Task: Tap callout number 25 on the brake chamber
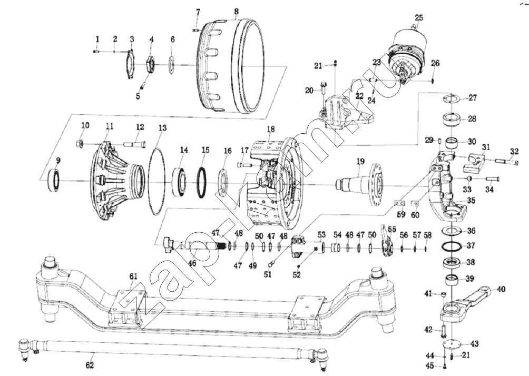point(419,18)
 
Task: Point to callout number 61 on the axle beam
point(133,276)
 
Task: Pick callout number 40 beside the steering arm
point(501,289)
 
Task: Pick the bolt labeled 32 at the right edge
point(505,162)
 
